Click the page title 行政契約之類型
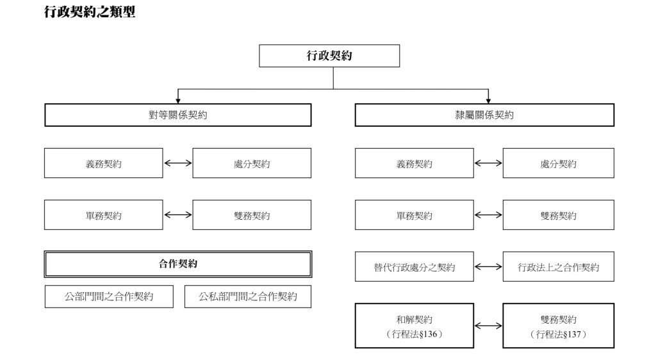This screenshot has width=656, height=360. tap(90, 12)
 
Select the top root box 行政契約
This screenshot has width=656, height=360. tap(329, 56)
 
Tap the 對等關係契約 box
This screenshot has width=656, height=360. tap(177, 115)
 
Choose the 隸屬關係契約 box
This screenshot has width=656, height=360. tap(484, 115)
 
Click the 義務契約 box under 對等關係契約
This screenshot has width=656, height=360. tap(103, 163)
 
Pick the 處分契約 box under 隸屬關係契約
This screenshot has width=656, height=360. tap(558, 163)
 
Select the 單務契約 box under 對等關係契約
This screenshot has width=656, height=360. tap(103, 215)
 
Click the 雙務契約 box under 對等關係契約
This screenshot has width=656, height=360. tap(252, 215)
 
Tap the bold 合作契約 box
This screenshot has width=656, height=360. tap(177, 264)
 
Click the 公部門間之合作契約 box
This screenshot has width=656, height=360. tap(109, 297)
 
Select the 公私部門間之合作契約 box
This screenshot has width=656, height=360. tap(248, 297)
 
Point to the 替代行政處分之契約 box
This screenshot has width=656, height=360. tap(414, 267)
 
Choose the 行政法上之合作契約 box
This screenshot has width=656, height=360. tap(558, 267)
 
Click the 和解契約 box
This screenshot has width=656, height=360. tap(414, 320)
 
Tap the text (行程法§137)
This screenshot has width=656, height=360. tap(558, 334)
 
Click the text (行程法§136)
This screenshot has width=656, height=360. tap(414, 334)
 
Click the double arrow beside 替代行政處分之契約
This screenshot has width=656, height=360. tap(488, 267)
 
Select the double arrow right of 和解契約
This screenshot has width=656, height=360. tap(488, 326)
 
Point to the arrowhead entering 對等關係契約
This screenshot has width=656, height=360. tap(177, 100)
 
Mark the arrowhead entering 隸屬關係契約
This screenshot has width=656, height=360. tap(488, 100)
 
